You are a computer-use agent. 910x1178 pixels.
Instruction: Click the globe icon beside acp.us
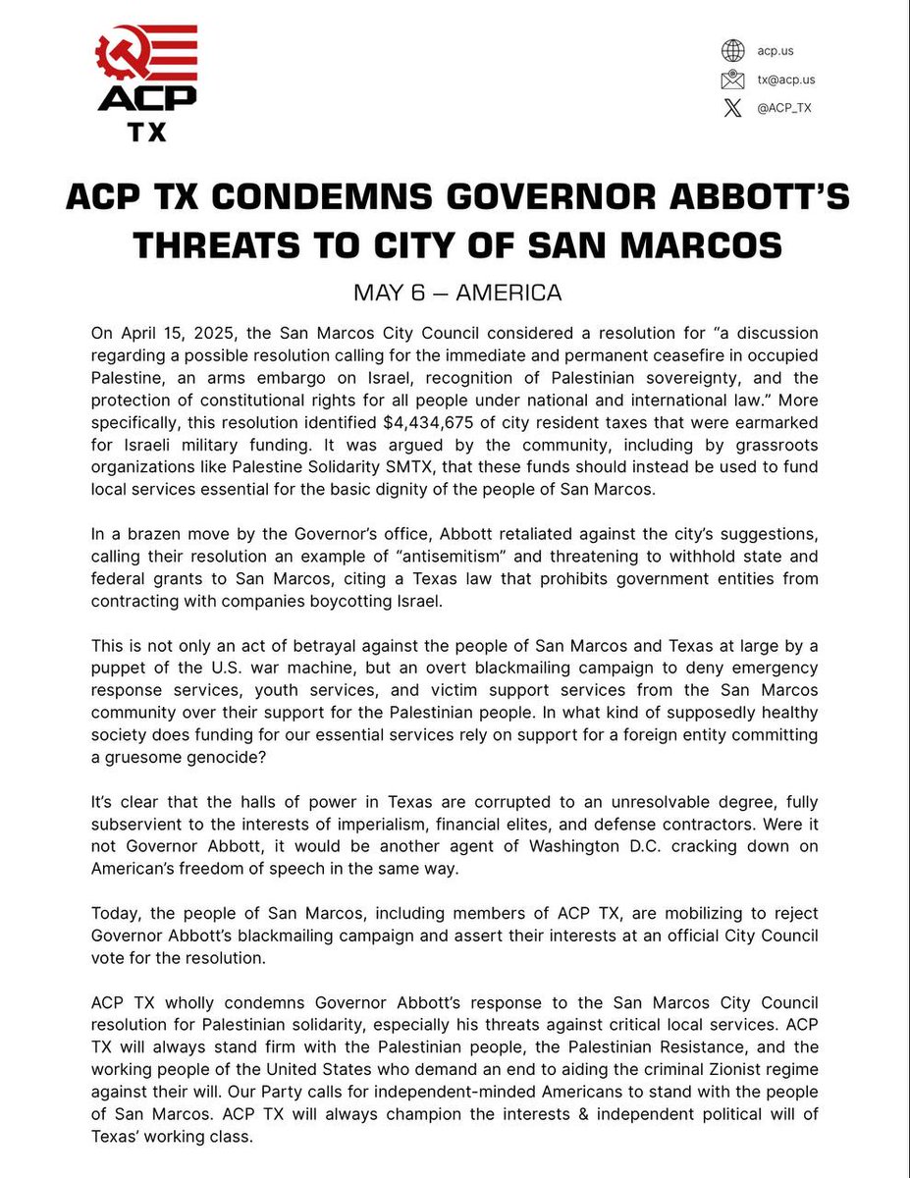[732, 50]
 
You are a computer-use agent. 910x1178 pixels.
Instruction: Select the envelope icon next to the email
[732, 80]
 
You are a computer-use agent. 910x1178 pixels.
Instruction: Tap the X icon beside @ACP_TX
[732, 108]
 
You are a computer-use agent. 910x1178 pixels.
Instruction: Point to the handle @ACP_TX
[784, 108]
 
